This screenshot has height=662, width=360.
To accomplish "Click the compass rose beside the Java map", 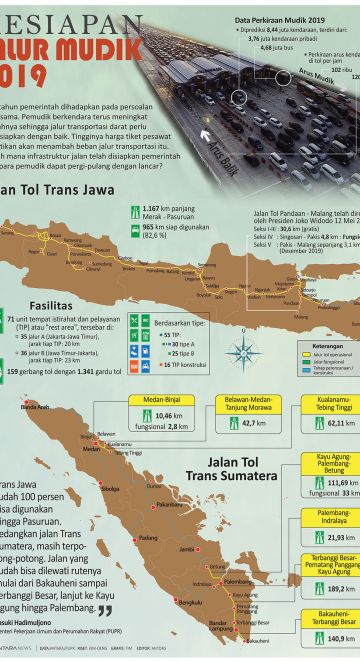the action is [240, 352].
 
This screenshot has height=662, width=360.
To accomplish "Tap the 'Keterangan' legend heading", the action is [313, 347].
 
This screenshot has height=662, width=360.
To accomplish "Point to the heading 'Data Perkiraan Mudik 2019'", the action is [280, 20].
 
